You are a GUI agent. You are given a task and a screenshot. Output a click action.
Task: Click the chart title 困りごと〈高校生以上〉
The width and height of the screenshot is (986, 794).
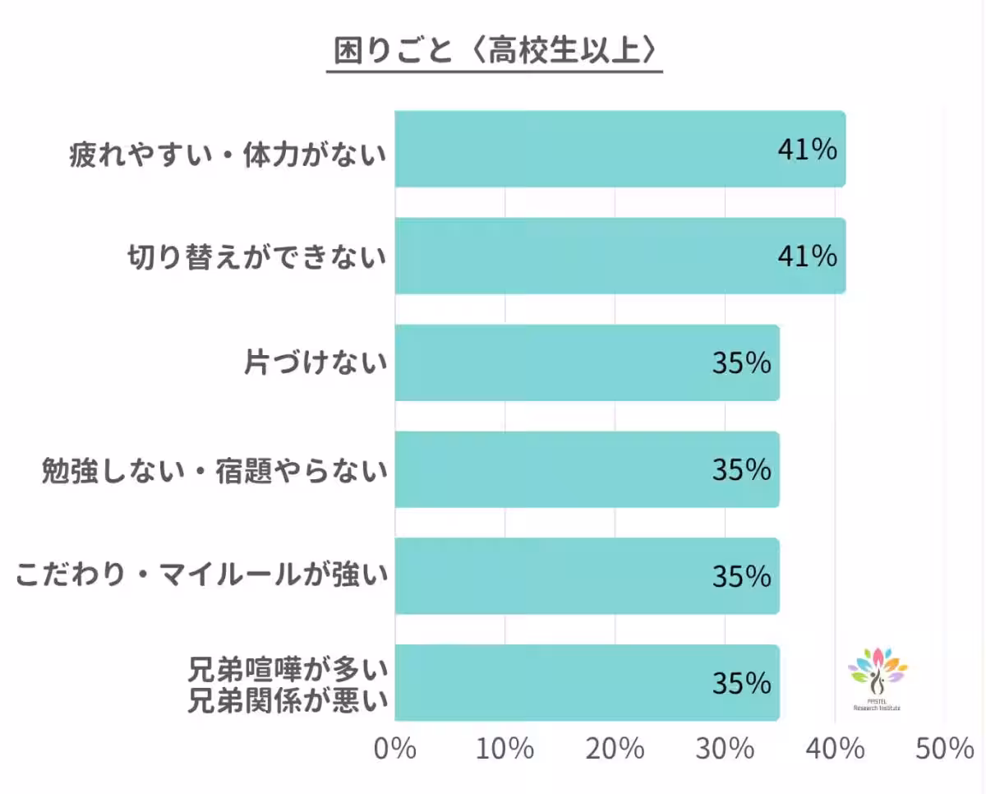[494, 51]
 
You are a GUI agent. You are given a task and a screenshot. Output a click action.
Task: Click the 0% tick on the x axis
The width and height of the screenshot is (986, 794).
[394, 749]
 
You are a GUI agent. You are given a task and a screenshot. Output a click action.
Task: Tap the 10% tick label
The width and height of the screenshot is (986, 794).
[505, 749]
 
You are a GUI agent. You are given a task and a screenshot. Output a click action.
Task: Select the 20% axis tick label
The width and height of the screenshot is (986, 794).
[615, 749]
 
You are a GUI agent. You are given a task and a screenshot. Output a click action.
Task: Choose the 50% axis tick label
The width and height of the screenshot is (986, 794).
[945, 749]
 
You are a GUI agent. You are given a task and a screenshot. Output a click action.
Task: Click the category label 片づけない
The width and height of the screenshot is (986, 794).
[316, 363]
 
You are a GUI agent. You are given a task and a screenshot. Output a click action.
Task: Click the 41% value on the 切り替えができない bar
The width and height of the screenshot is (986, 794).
[807, 256]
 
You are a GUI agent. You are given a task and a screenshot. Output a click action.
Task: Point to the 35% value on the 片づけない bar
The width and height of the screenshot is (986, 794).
[741, 363]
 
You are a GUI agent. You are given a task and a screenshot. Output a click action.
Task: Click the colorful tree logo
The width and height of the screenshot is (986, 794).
[878, 676]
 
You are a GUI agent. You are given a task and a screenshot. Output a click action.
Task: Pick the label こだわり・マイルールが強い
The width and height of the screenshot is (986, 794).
[200, 577]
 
